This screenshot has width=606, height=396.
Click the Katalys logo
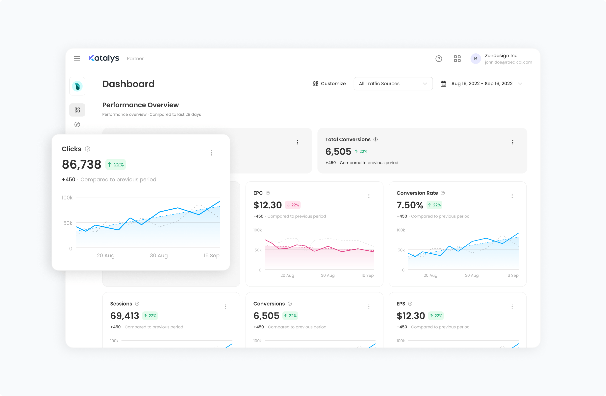tap(104, 58)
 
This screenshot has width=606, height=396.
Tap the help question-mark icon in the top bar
tap(439, 59)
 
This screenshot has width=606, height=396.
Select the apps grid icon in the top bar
tap(457, 59)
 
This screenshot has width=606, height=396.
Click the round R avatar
tap(475, 59)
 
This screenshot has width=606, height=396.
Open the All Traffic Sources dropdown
tap(393, 84)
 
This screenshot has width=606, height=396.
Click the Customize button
tap(329, 84)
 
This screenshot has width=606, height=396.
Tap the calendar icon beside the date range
tap(443, 84)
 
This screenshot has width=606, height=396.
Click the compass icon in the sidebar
tap(77, 124)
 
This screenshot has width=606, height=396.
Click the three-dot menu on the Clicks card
tap(211, 153)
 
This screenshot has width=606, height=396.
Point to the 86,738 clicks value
tap(81, 164)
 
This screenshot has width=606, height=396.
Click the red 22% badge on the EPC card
tap(293, 205)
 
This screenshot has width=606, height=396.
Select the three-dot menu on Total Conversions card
tap(513, 142)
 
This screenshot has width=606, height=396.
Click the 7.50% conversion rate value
tap(410, 205)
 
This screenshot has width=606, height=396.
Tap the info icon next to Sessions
tap(137, 304)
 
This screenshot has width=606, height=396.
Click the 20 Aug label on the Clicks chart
tap(105, 255)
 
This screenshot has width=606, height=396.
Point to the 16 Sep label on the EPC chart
tap(367, 275)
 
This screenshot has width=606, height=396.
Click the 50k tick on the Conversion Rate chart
tap(401, 250)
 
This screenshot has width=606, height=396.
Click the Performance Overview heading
tap(140, 105)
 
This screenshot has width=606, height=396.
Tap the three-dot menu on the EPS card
tap(512, 307)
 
